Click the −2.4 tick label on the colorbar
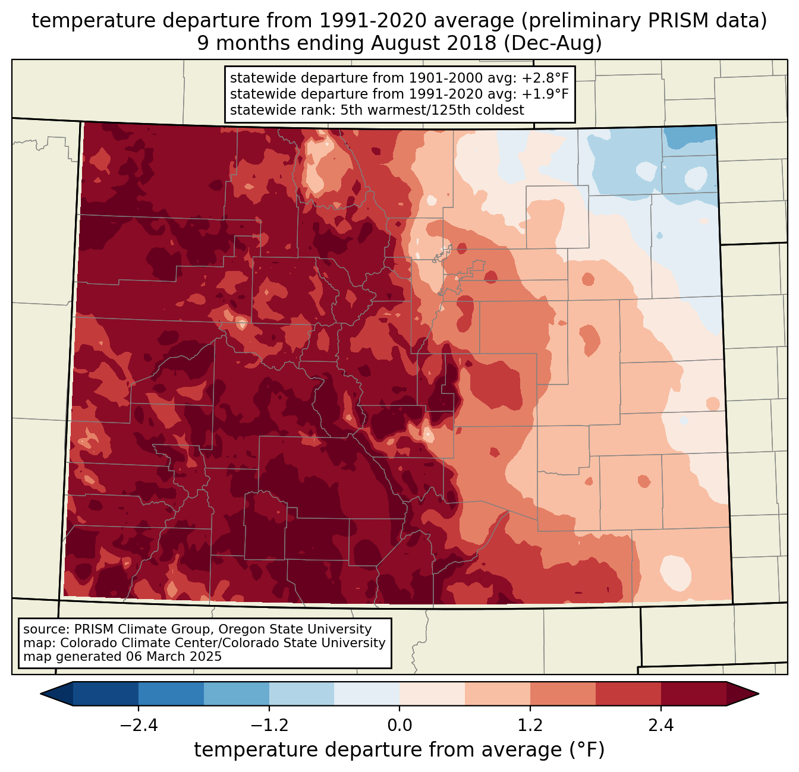(138, 725)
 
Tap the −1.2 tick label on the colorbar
(269, 725)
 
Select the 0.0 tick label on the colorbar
(400, 725)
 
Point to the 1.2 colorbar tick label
(530, 725)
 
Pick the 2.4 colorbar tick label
(661, 725)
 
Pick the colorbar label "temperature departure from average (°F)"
(400, 750)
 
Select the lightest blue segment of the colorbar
(367, 694)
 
